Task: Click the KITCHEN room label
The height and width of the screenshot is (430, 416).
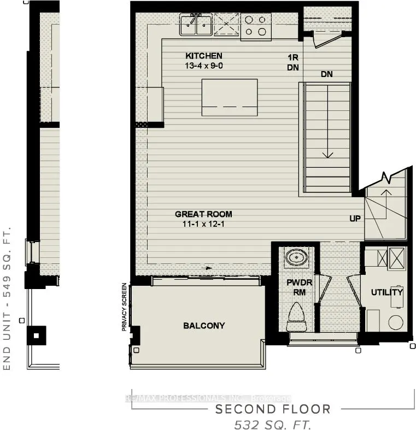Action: (x=203, y=56)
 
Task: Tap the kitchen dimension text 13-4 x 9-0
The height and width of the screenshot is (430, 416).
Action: (x=203, y=66)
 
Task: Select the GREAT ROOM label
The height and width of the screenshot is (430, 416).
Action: (x=203, y=214)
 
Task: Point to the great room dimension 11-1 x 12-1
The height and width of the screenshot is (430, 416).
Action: (x=203, y=224)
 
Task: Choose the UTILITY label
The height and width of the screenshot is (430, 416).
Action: (x=386, y=292)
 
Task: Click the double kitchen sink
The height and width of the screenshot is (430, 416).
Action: (x=196, y=24)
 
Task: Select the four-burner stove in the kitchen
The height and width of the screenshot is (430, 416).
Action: (x=255, y=26)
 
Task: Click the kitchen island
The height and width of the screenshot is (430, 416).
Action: (x=230, y=97)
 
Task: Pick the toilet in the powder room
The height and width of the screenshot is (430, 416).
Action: (x=298, y=317)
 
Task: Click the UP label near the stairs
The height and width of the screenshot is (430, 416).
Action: (x=356, y=219)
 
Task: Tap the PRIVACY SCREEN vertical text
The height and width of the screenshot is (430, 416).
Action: (x=125, y=307)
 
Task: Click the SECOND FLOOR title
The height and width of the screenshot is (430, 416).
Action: (x=273, y=409)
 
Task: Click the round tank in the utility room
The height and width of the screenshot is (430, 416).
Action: (x=396, y=322)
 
